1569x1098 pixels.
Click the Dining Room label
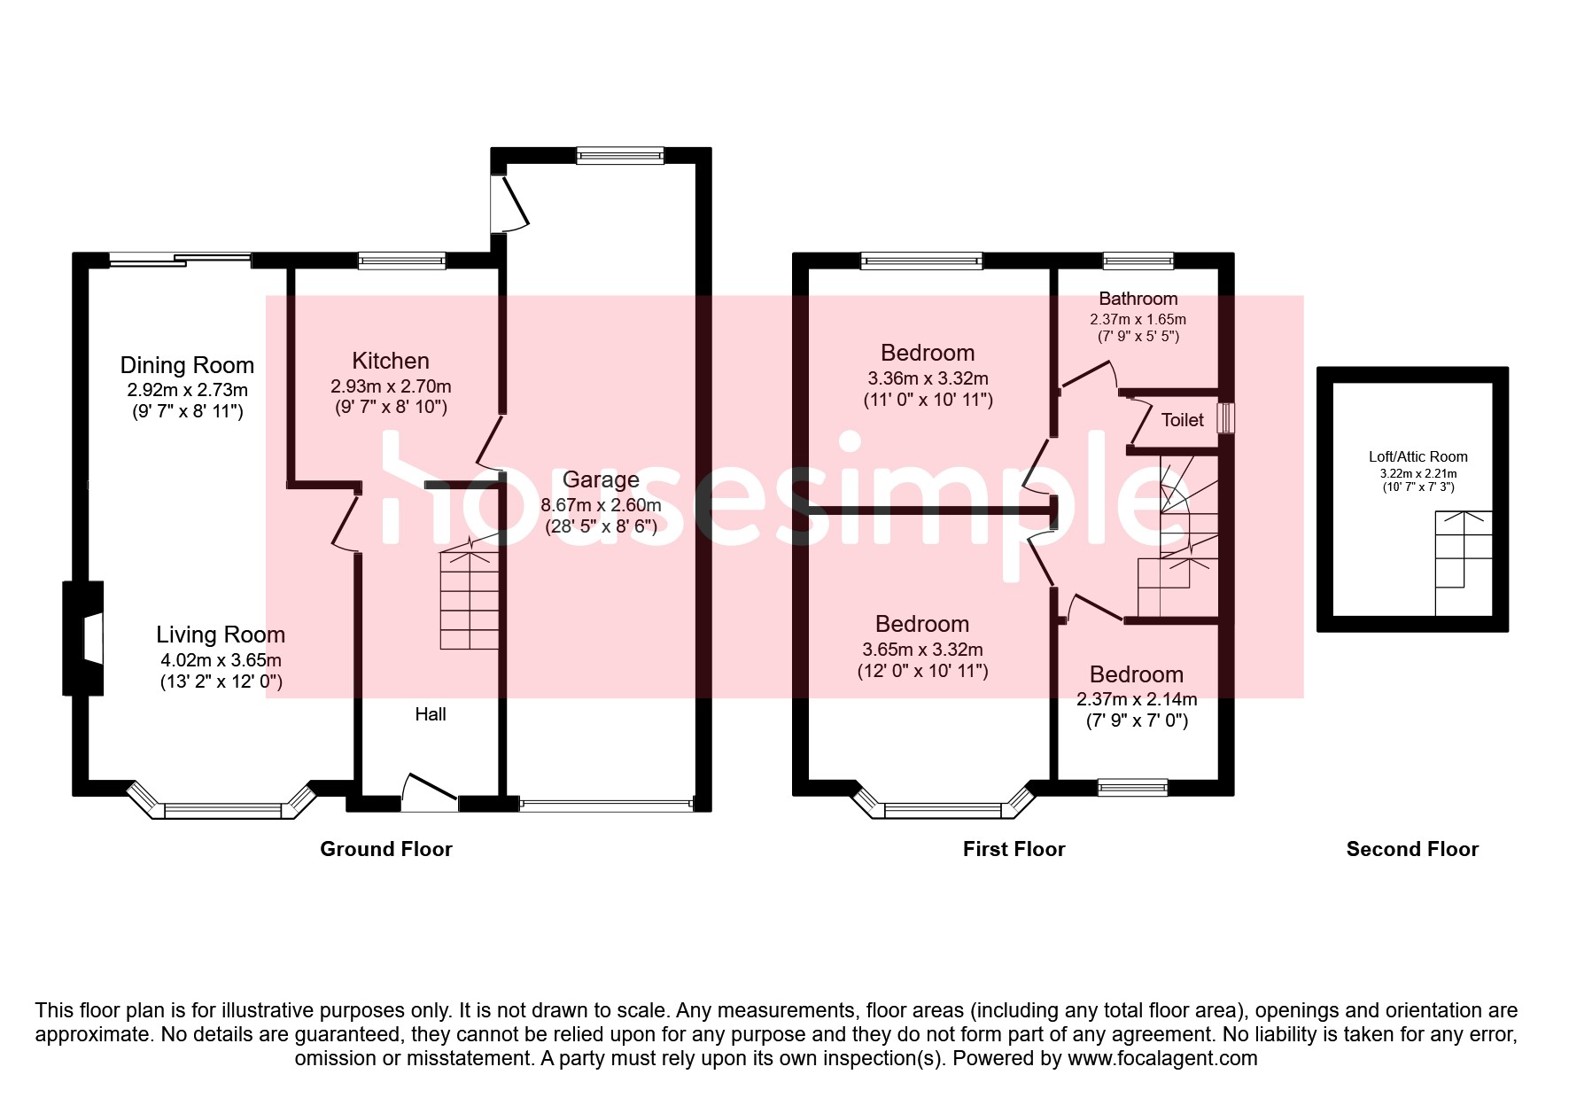(187, 365)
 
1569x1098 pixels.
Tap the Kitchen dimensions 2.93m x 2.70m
(391, 386)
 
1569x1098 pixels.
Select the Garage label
(601, 479)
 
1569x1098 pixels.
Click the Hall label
(431, 714)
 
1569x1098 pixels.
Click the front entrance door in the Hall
(430, 791)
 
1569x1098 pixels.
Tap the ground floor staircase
(470, 601)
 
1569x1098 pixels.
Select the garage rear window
(620, 156)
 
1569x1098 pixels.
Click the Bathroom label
(1138, 299)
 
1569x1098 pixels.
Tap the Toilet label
(1182, 420)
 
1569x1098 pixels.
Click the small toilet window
(1225, 418)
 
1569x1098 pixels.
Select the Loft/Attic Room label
(1418, 456)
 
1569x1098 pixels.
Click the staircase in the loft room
(1464, 563)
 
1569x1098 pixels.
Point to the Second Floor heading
(1412, 849)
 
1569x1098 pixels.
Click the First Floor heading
(1014, 849)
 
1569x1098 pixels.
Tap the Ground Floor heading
(385, 849)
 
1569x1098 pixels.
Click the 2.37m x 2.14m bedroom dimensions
(1137, 699)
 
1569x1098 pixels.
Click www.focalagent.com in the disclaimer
(1162, 1058)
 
